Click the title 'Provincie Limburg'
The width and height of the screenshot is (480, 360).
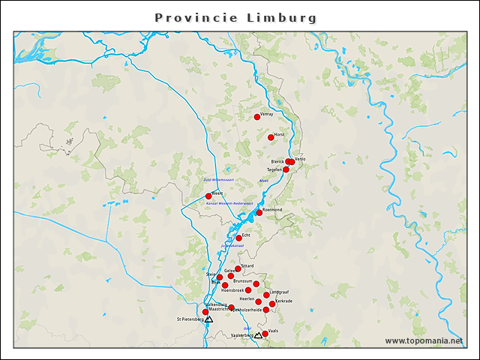(x=235, y=17)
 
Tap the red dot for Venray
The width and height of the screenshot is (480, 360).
(x=257, y=116)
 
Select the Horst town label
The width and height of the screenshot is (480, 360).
(x=280, y=134)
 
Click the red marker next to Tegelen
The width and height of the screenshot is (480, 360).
(x=286, y=169)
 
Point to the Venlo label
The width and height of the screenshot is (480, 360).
(x=300, y=159)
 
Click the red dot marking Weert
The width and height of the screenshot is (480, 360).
(x=208, y=196)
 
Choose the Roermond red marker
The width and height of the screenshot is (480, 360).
(x=259, y=212)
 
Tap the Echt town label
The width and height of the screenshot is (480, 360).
(x=246, y=235)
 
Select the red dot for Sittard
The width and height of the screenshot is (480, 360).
(x=238, y=268)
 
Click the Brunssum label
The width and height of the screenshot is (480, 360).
(x=242, y=280)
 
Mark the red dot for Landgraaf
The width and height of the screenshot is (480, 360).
(x=266, y=295)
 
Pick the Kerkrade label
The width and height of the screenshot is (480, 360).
(x=283, y=301)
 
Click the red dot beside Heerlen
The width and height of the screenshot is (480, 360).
(x=259, y=301)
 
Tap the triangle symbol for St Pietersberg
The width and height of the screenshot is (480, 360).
(x=209, y=319)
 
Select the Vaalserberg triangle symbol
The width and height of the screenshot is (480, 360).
(x=258, y=335)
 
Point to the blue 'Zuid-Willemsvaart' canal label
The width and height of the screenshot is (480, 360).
(x=219, y=180)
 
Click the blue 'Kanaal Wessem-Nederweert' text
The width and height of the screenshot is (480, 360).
(x=229, y=203)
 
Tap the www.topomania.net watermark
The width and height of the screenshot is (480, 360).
(x=424, y=341)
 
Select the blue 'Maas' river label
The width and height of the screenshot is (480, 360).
(x=263, y=181)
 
